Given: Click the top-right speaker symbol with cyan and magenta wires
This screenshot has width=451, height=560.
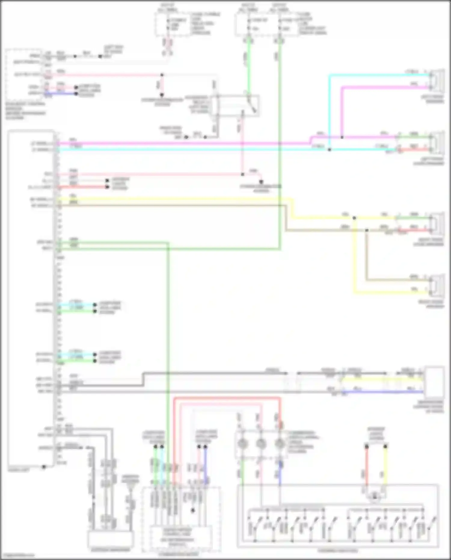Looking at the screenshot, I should tap(437, 80).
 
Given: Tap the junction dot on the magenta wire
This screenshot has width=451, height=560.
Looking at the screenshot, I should tap(342, 137).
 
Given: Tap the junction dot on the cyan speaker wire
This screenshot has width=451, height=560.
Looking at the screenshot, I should tap(330, 150).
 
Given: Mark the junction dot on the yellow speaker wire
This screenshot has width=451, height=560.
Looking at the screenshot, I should tap(354, 218).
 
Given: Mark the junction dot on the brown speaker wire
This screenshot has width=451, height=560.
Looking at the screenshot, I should tap(367, 230).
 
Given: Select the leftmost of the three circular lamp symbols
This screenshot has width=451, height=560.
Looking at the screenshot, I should tap(242, 444).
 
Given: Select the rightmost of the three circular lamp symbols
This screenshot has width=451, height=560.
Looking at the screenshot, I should tap(280, 444).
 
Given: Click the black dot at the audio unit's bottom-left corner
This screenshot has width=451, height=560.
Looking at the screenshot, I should tap(44, 467).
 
